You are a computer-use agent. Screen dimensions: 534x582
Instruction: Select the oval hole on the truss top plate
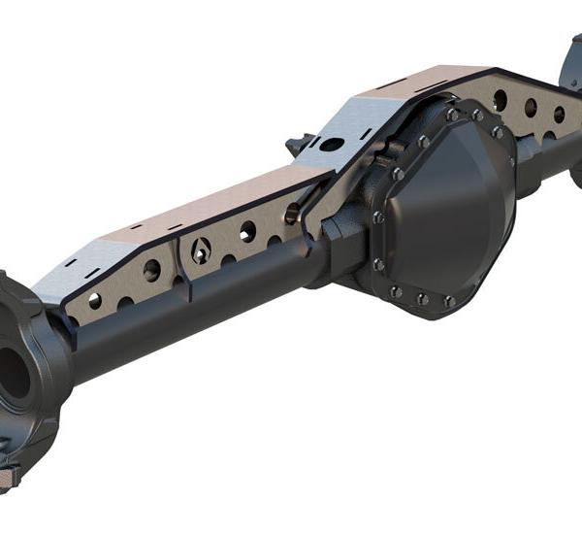click(x=333, y=145)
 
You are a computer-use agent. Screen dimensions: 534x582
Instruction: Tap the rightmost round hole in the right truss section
click(x=560, y=114)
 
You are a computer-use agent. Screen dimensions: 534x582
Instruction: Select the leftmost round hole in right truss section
click(x=497, y=97)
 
